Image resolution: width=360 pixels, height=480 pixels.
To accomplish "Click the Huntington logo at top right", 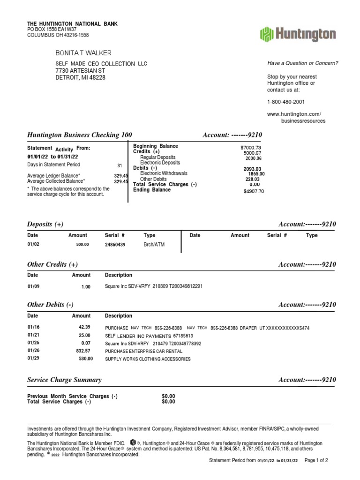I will tap(298, 35).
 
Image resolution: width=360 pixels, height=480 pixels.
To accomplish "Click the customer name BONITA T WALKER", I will tap(83, 53).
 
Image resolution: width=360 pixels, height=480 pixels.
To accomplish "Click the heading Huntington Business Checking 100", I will tap(80, 135).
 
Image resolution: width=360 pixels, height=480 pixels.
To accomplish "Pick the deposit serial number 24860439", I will tap(118, 245).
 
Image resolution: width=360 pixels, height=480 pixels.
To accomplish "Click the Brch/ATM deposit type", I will tap(154, 245).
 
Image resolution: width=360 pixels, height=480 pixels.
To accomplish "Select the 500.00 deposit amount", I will tap(82, 245).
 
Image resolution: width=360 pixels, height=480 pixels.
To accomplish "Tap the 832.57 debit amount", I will tap(83, 351).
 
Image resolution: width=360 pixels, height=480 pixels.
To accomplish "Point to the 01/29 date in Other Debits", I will tap(33, 359).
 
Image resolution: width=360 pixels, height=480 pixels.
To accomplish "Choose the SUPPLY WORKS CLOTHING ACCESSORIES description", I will tap(148, 359).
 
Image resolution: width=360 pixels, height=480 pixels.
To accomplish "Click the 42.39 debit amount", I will tap(84, 327).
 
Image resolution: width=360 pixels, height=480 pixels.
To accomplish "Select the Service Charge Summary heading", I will tap(64, 380).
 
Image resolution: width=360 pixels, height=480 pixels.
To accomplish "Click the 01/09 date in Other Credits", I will tap(33, 286).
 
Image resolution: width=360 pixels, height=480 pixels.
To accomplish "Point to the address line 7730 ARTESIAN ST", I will tap(80, 70).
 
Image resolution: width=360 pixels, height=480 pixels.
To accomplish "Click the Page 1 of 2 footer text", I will tap(316, 460).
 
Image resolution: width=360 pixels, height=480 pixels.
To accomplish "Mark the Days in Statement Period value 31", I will tap(120, 165).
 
